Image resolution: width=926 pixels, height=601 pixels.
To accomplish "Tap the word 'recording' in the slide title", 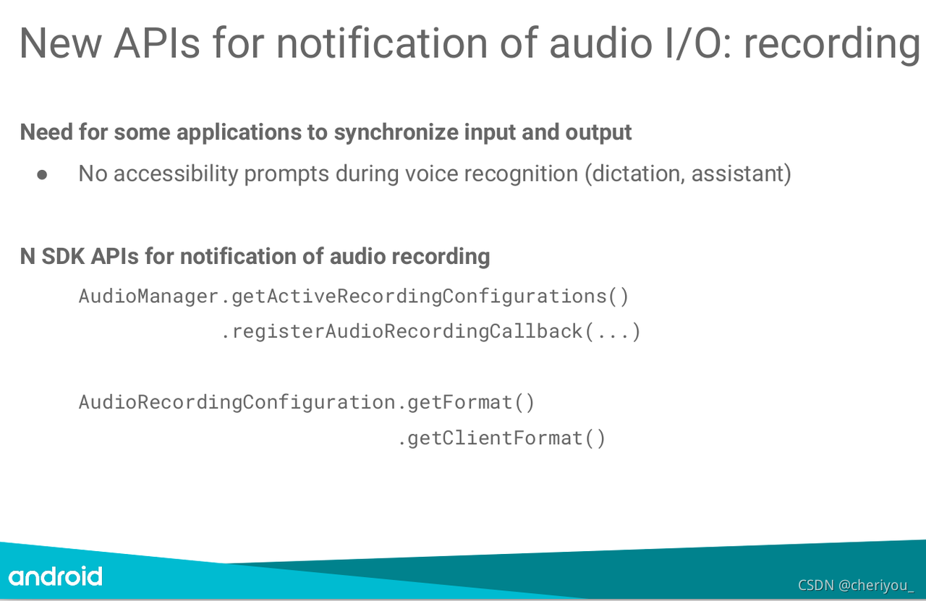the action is (832, 45).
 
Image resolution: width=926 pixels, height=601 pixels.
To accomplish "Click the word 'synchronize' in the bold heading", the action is (396, 133).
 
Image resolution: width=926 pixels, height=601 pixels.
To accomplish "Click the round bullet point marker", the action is (42, 175).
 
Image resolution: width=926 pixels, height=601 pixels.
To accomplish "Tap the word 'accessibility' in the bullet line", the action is (176, 174).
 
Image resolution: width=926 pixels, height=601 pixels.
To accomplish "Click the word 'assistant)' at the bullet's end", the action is (742, 174).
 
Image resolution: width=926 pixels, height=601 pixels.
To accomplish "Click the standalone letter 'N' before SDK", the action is (27, 256).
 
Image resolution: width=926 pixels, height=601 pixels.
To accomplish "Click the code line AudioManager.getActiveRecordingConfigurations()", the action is (354, 297).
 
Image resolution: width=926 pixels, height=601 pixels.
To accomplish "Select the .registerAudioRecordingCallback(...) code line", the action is (430, 332).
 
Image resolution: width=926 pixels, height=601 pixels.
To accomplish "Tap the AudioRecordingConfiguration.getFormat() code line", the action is (306, 403).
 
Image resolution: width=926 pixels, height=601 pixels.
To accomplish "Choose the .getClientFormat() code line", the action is (501, 438).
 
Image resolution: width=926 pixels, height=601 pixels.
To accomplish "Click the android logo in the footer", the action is (55, 576).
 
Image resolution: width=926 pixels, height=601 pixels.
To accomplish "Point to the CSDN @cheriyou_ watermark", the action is (856, 585).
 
